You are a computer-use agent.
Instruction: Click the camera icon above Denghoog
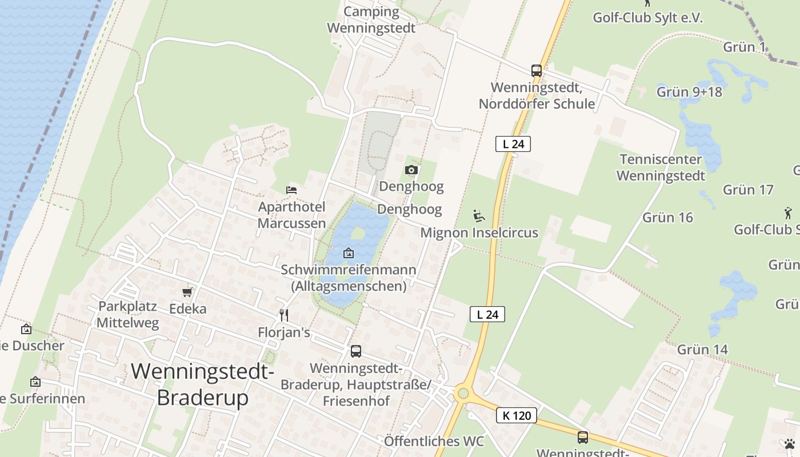tap(411, 170)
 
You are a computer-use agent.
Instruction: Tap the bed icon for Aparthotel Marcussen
tap(291, 190)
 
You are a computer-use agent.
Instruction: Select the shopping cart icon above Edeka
tap(187, 292)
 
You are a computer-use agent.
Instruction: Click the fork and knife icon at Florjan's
tap(283, 315)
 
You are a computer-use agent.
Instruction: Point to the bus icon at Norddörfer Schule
tap(536, 71)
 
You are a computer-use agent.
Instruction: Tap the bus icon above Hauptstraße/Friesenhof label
tap(355, 351)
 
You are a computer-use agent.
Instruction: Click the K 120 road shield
tap(517, 415)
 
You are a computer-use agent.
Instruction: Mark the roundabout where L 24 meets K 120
tap(462, 393)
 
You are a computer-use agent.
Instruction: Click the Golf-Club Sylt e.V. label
tap(647, 18)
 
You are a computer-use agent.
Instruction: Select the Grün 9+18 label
tap(689, 92)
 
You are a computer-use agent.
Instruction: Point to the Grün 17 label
tap(748, 190)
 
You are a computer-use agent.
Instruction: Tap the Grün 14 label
tap(702, 350)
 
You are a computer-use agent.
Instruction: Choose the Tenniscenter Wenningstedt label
tap(661, 167)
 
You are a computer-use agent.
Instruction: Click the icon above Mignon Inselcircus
tap(479, 216)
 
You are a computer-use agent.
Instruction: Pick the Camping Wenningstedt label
tap(371, 19)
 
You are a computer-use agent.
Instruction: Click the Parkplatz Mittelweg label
tap(127, 314)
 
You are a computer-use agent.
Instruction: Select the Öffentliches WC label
tap(434, 441)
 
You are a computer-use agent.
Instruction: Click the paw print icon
tap(789, 444)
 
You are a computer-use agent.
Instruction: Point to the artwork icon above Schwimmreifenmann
tap(348, 253)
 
